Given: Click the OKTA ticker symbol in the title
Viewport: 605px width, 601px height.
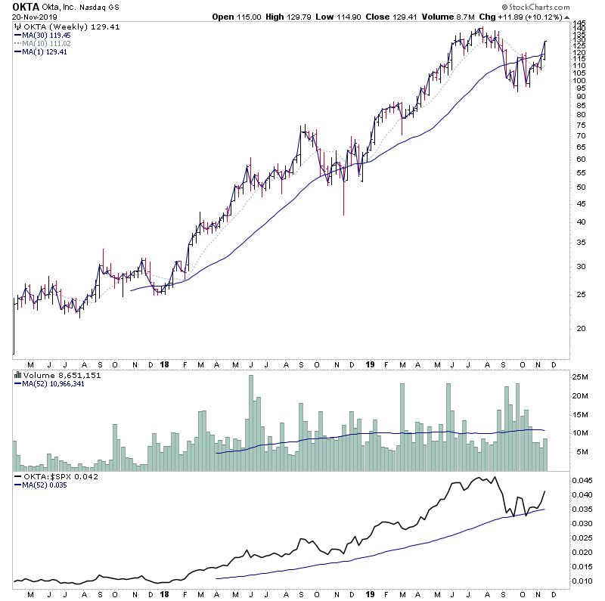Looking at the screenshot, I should [27, 7].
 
